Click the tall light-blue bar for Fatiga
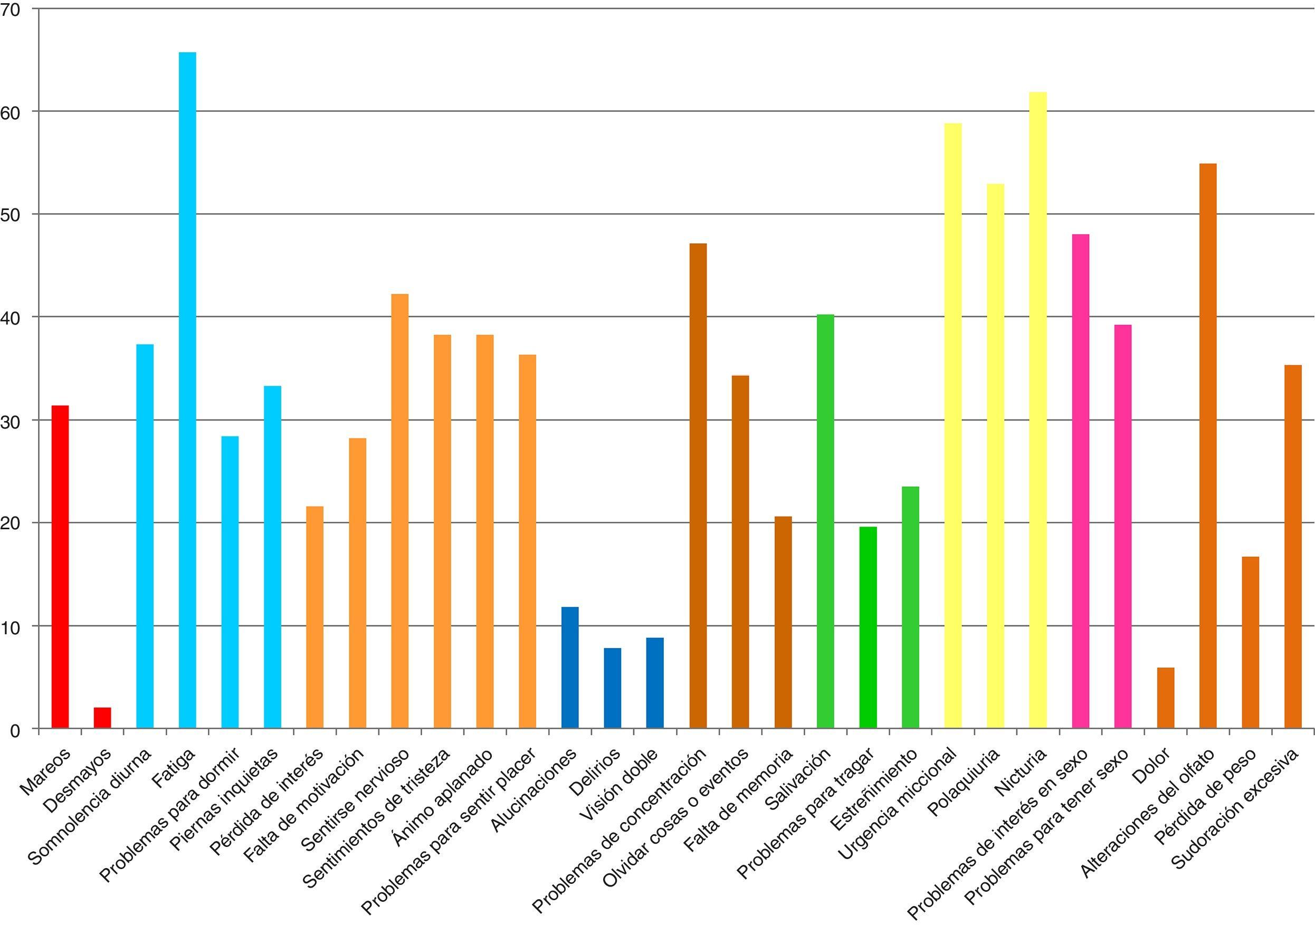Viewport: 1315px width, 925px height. point(187,389)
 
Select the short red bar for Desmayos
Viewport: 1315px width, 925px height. point(102,718)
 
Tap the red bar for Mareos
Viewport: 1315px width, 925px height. point(60,567)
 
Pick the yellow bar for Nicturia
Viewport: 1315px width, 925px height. point(1037,409)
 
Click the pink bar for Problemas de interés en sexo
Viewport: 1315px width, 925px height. point(1080,481)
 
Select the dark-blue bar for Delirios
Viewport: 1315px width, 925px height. point(612,688)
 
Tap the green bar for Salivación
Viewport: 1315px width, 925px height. point(825,521)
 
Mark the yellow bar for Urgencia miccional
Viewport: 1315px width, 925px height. point(952,425)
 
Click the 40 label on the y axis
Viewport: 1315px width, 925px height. point(12,317)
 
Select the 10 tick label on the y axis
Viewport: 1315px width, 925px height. point(12,626)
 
